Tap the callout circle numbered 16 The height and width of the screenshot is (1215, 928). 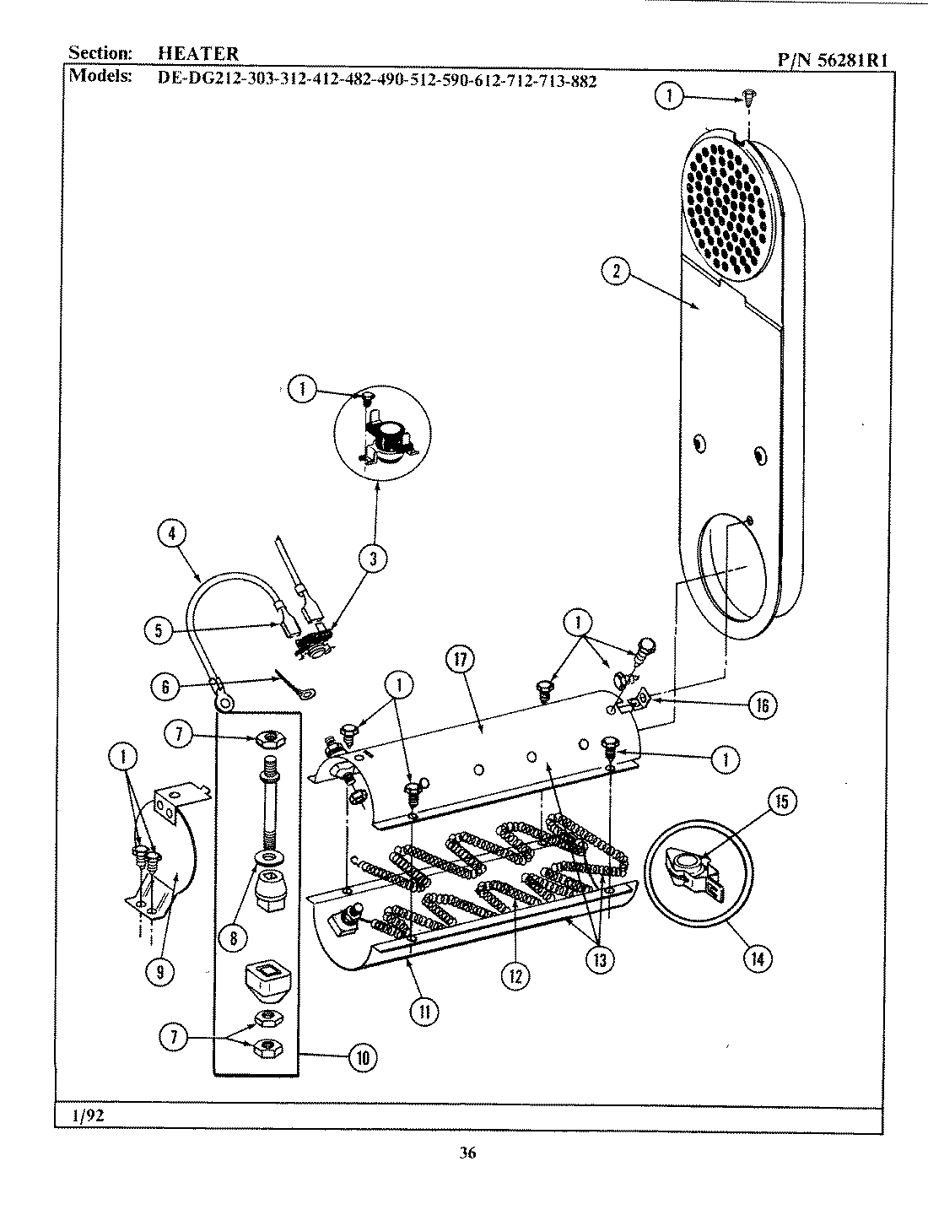point(762,705)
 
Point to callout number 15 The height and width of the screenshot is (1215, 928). point(780,802)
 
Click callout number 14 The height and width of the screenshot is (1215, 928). point(757,958)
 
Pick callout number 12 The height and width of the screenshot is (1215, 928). point(515,976)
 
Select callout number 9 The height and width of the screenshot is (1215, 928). point(159,972)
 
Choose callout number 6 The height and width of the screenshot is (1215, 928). point(165,687)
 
